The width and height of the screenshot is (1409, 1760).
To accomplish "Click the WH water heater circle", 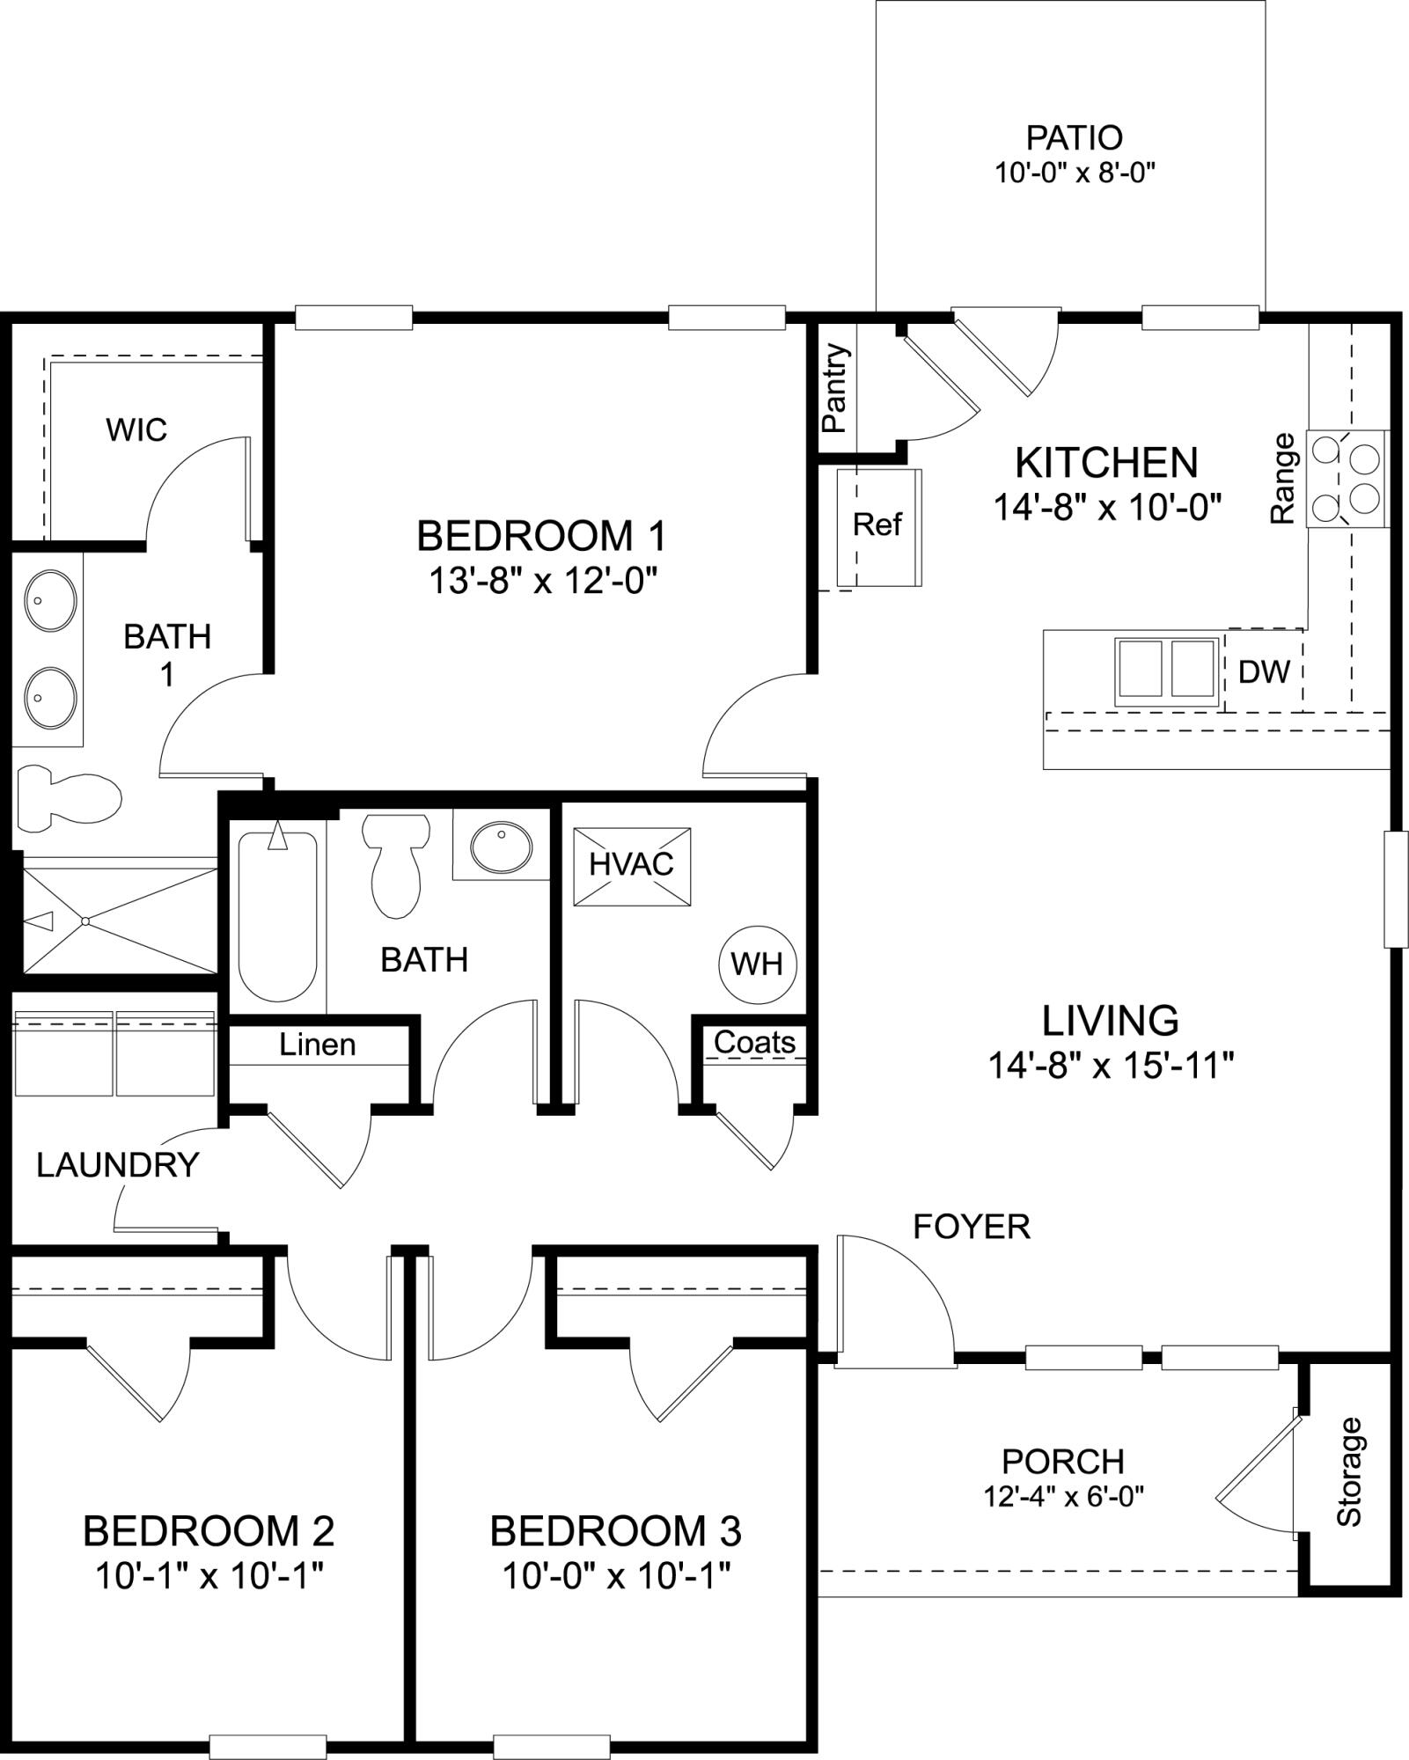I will (x=757, y=964).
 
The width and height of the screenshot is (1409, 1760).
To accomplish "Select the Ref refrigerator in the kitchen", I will (x=877, y=526).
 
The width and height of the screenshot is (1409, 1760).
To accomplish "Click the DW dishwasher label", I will (x=1264, y=671).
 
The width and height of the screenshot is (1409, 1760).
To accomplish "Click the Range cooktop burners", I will (x=1348, y=479).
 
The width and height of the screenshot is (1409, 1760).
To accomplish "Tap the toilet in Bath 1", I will (x=69, y=797).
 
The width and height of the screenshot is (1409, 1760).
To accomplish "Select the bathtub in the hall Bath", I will (x=277, y=915).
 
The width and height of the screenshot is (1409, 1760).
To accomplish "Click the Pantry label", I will (x=836, y=388).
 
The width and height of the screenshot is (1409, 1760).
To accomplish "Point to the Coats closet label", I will (x=754, y=1042).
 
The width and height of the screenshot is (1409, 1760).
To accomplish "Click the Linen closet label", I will (x=318, y=1045).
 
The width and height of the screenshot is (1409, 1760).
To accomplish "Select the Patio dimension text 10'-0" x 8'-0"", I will (x=1074, y=172).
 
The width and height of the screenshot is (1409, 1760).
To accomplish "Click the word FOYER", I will (x=971, y=1226).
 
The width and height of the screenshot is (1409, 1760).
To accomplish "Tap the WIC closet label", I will (x=136, y=429).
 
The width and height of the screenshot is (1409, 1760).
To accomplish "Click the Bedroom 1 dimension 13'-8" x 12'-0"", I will (x=543, y=581).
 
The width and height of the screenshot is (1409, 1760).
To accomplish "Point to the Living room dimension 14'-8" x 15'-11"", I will (x=1110, y=1066).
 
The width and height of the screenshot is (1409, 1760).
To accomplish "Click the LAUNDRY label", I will (x=118, y=1165).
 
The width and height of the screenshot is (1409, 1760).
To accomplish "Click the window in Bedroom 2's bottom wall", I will (x=268, y=1746).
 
